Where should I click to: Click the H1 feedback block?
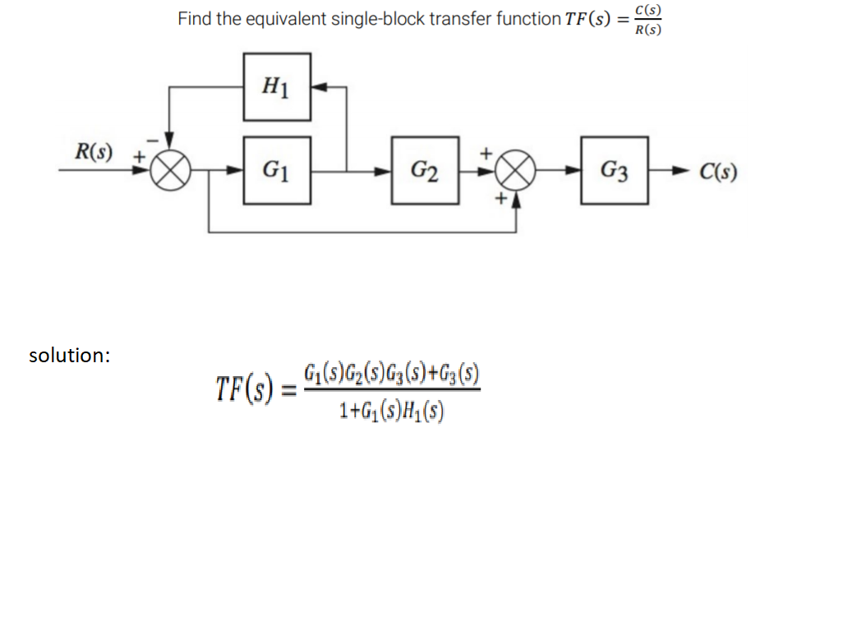[277, 85]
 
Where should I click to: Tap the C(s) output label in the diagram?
[718, 172]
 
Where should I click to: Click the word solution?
[69, 356]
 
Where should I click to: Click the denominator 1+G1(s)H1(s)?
[391, 408]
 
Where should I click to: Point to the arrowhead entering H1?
[319, 85]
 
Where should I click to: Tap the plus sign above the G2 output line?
[486, 153]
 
